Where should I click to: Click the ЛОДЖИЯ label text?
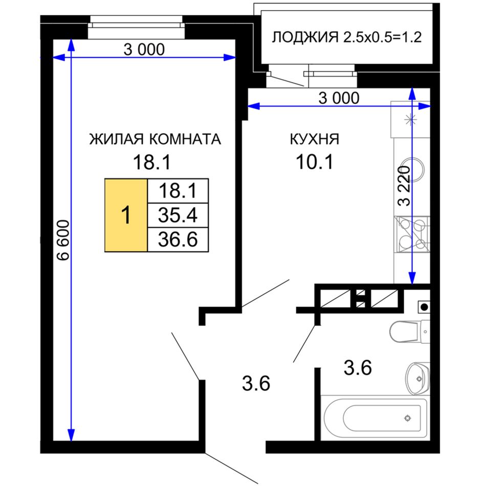305,38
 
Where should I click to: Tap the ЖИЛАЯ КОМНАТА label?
155,139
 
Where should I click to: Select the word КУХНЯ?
314,139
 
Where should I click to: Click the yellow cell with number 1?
126,215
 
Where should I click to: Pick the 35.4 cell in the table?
178,215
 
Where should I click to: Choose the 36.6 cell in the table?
178,239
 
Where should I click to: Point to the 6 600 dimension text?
64,240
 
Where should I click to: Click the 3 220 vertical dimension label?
404,186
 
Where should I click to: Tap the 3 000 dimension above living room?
144,50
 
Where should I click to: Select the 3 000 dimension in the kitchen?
339,98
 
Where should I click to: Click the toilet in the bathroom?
409,332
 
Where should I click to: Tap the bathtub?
374,417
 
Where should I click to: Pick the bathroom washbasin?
417,378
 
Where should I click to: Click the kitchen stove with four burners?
412,235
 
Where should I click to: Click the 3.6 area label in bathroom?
358,368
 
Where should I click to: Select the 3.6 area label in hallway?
256,383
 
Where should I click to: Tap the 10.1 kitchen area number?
314,162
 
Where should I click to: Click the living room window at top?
137,27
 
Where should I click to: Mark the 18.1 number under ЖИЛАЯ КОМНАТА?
151,162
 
